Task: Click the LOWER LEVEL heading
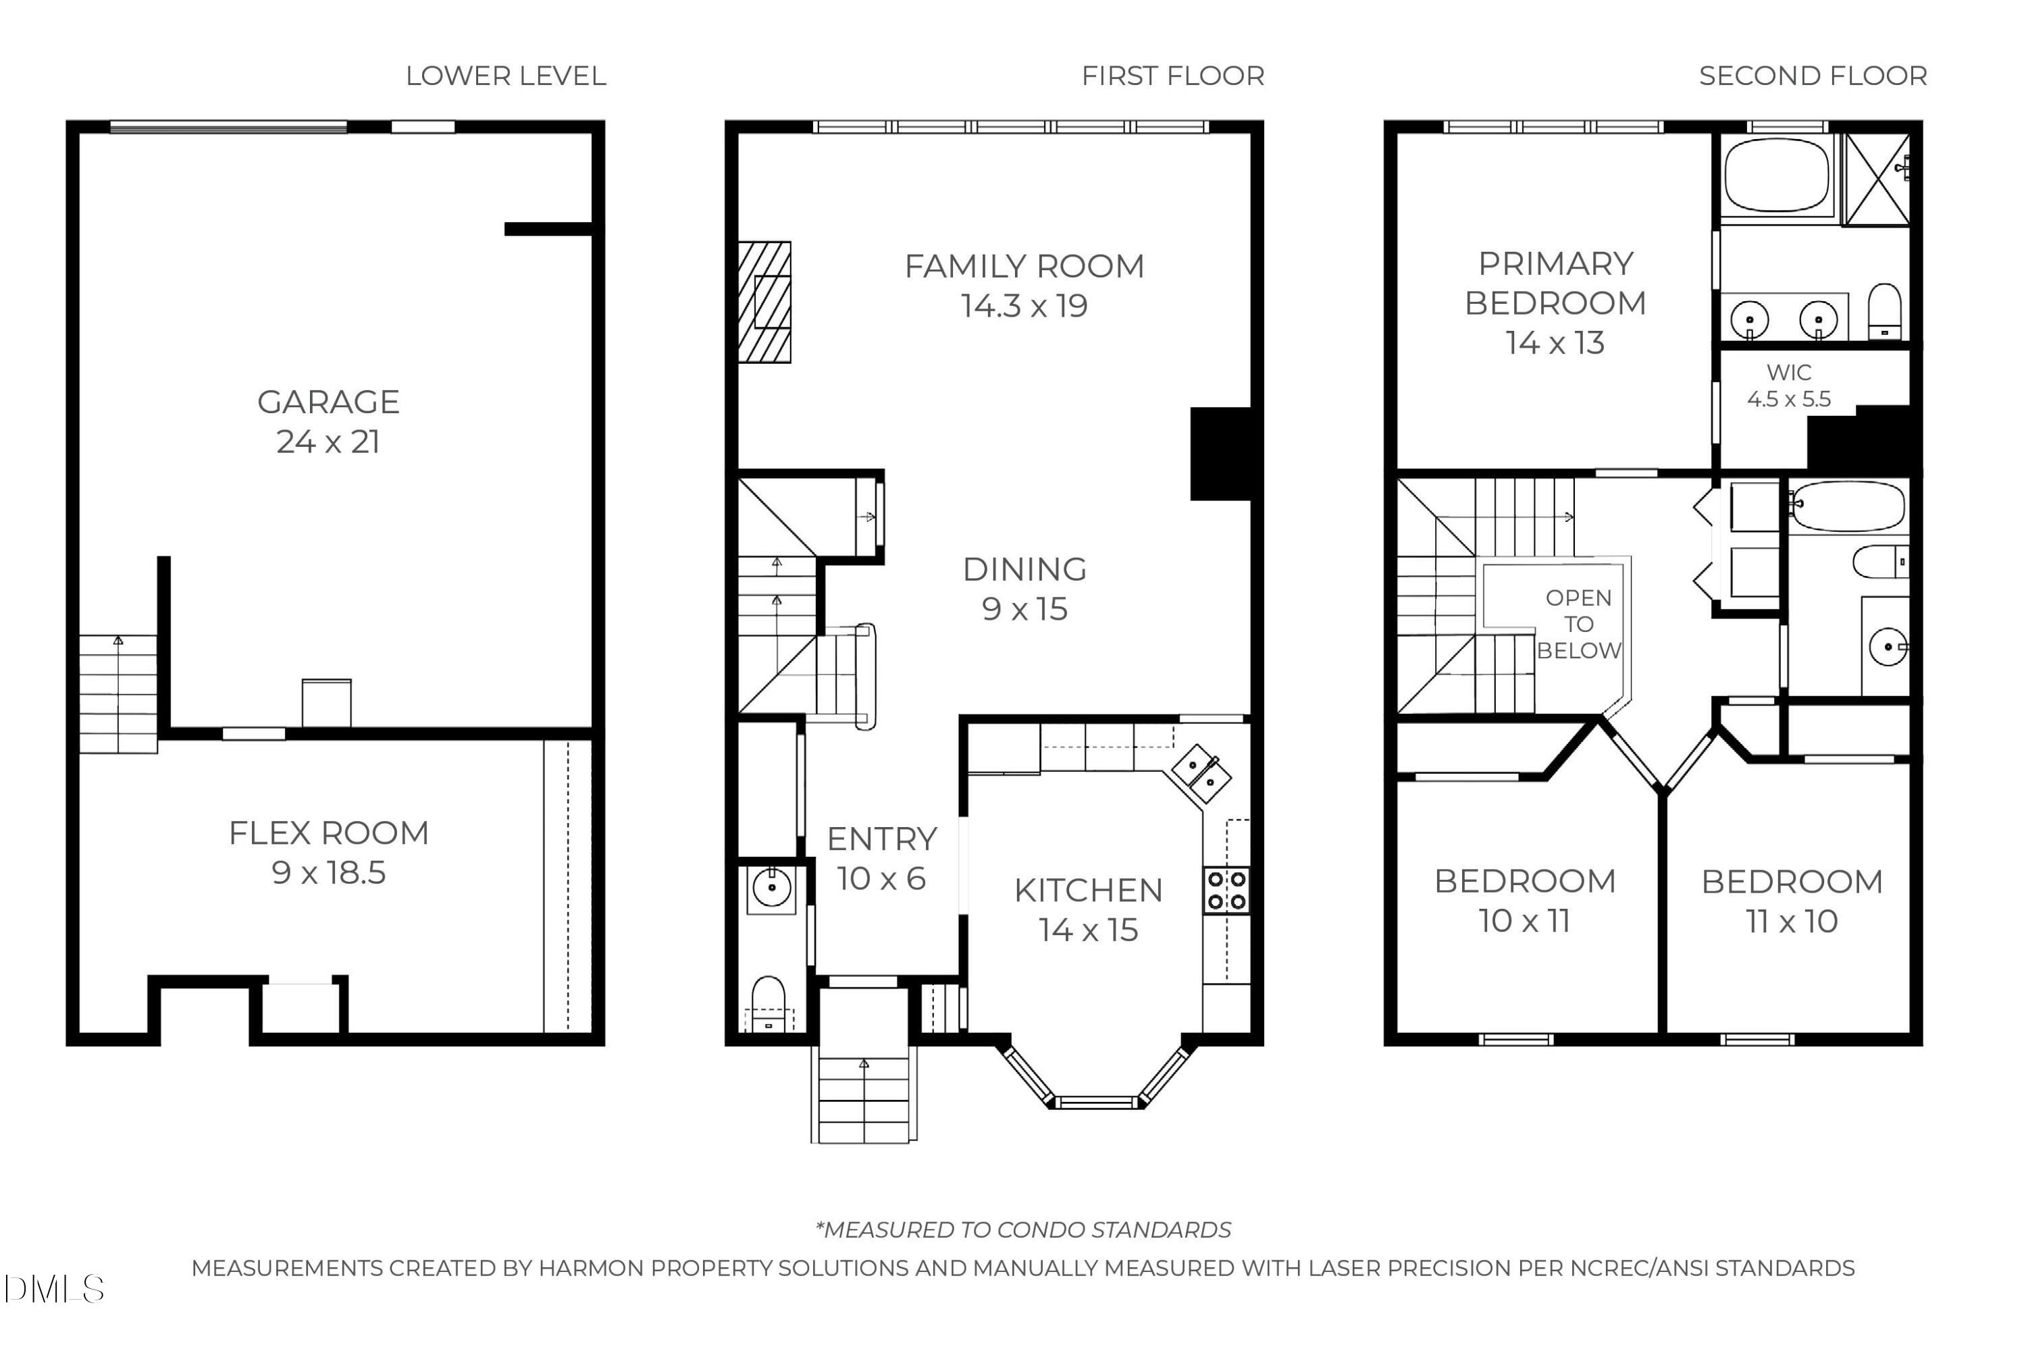[506, 76]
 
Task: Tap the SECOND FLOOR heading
[1813, 76]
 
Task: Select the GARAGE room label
[328, 402]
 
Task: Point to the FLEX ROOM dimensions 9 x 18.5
[328, 873]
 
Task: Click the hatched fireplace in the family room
[764, 302]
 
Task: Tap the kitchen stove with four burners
[1226, 890]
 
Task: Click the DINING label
[1024, 570]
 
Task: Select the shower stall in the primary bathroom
[1875, 180]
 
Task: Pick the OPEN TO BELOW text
[1579, 624]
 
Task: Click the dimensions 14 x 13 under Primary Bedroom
[1555, 343]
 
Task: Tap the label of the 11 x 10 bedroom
[1792, 881]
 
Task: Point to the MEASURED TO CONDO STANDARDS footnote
[1023, 1229]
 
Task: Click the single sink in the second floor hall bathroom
[1888, 646]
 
